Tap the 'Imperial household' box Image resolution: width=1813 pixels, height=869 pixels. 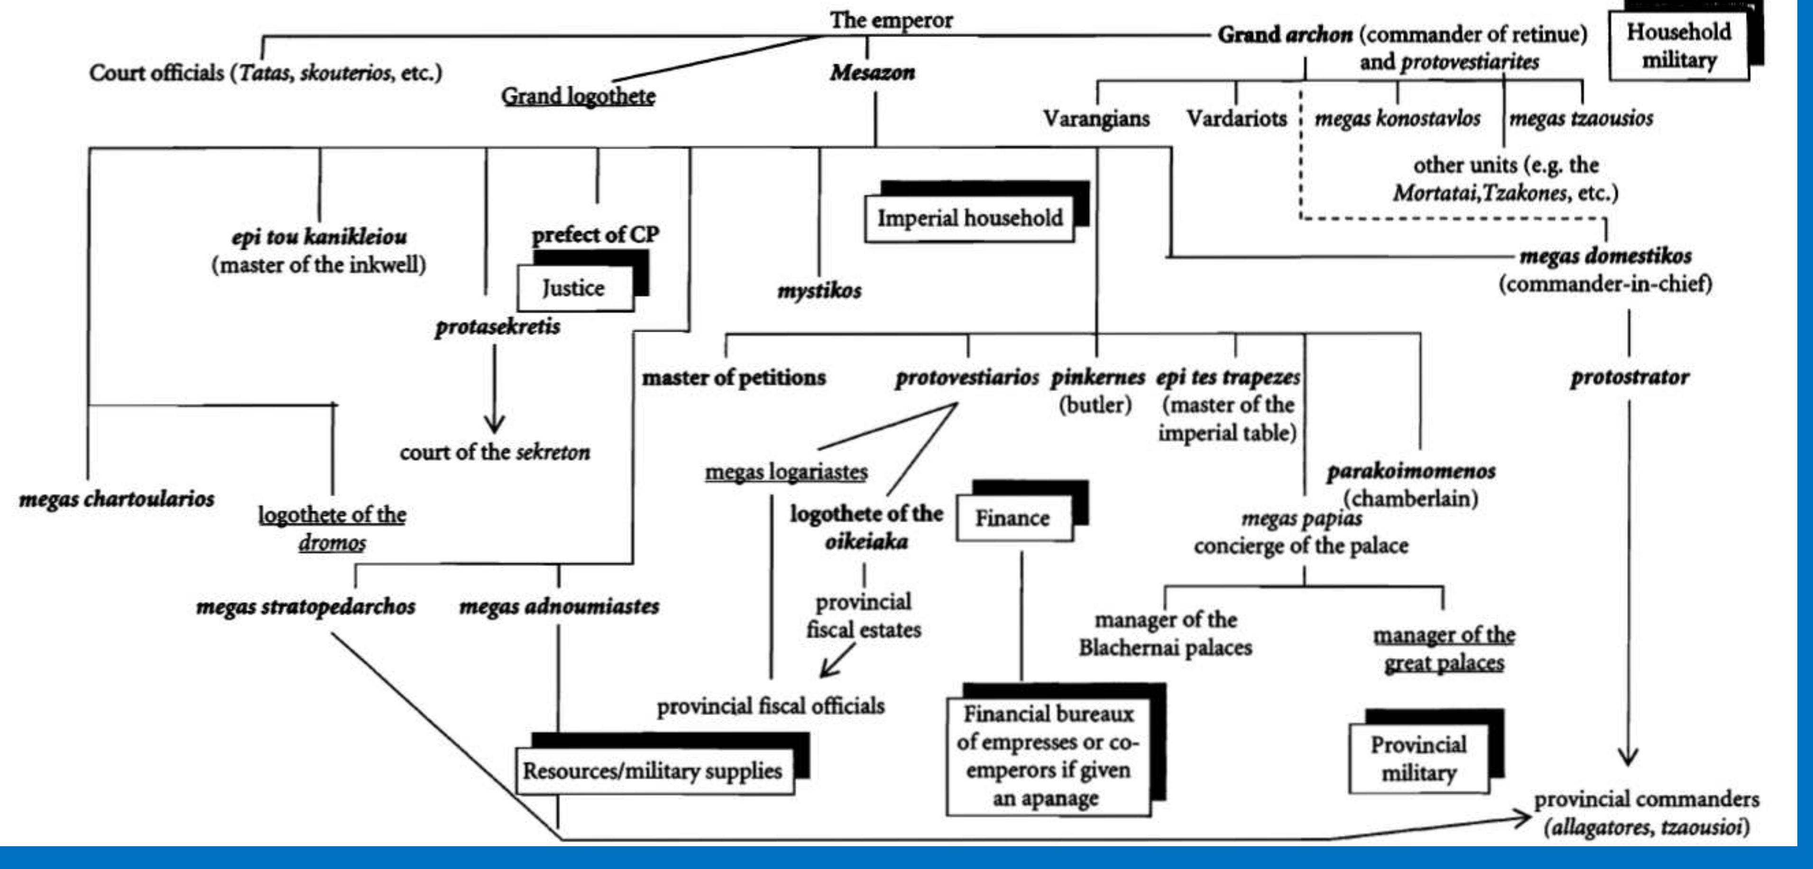click(x=969, y=218)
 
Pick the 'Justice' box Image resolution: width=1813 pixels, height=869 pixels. click(x=574, y=288)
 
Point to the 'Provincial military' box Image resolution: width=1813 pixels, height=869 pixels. click(x=1418, y=759)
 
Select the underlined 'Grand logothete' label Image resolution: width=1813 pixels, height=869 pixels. click(x=578, y=96)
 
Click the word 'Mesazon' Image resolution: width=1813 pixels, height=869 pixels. click(x=872, y=73)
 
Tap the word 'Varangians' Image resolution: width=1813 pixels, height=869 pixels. click(x=1096, y=118)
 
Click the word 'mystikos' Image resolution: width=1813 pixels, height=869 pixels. click(x=819, y=290)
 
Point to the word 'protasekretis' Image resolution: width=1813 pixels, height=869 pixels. click(x=497, y=327)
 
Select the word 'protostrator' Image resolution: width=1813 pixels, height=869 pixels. click(x=1629, y=377)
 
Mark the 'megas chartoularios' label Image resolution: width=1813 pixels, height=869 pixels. click(x=117, y=499)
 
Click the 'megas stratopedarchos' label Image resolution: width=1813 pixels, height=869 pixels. click(x=305, y=606)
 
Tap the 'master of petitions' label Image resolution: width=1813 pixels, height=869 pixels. click(x=733, y=377)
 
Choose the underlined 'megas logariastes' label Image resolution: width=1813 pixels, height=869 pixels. click(x=786, y=471)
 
